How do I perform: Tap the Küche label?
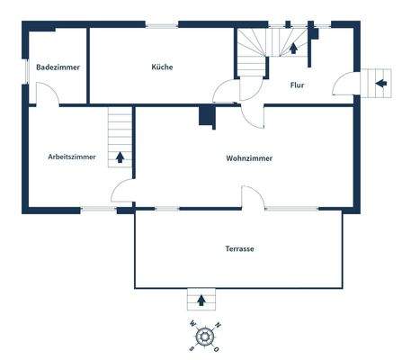[163, 67]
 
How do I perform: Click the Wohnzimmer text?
[249, 158]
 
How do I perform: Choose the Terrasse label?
[239, 248]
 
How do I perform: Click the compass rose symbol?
[206, 337]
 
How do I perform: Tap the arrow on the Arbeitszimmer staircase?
[120, 157]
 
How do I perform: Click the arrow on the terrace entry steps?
[201, 299]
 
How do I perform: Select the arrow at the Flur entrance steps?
[381, 83]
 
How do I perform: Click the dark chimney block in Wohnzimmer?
[207, 117]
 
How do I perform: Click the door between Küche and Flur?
[226, 93]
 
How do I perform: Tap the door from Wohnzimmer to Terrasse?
[253, 199]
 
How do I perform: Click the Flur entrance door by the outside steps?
[343, 85]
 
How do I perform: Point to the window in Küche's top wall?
[162, 25]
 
